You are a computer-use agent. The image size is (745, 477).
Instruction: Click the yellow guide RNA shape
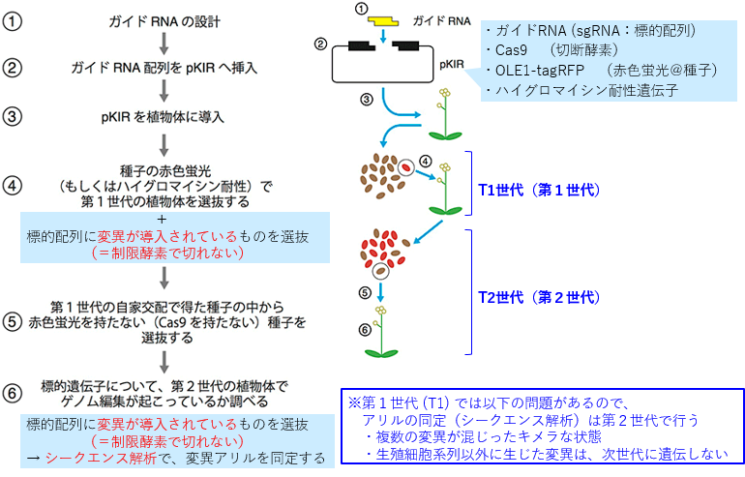(384, 21)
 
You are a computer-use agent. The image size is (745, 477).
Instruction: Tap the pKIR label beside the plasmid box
(452, 64)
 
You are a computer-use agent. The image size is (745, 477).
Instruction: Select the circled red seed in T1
(406, 167)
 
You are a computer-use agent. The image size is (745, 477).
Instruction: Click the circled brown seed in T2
(380, 271)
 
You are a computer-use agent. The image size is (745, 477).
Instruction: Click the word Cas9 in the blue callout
(511, 50)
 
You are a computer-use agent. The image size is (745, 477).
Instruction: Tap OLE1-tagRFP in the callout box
(540, 71)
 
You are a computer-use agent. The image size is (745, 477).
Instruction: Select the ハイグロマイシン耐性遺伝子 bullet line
(582, 90)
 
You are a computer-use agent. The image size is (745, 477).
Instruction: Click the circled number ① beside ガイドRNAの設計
(12, 21)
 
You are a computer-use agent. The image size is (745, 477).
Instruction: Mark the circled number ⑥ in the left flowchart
(12, 394)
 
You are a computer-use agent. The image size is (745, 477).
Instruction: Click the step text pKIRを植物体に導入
(163, 117)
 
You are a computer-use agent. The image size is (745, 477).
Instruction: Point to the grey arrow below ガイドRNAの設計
(164, 44)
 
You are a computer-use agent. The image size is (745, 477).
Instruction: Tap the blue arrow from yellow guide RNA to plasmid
(383, 35)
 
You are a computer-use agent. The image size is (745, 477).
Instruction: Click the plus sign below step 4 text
(163, 219)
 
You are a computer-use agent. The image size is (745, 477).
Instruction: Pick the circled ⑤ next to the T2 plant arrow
(365, 292)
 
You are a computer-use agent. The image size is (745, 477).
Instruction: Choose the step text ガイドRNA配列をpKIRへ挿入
(164, 68)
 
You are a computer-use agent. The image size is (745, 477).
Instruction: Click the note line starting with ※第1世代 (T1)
(489, 403)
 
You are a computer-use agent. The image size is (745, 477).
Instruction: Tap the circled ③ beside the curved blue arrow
(367, 100)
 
